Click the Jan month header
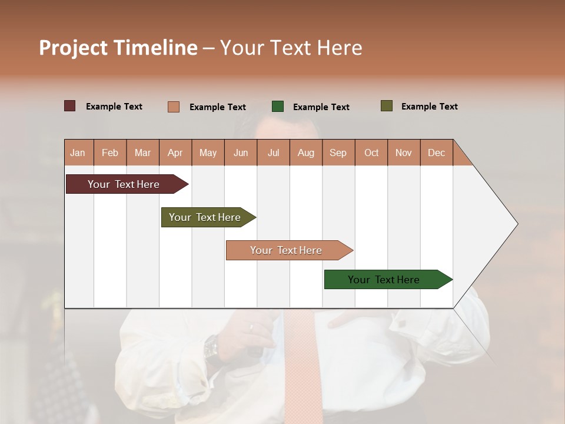(x=78, y=153)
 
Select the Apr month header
(x=175, y=153)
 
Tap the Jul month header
(x=273, y=153)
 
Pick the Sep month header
(x=338, y=153)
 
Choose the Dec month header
(x=436, y=153)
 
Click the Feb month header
(x=110, y=153)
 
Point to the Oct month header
(x=371, y=153)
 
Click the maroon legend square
(x=69, y=106)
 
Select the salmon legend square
(x=173, y=107)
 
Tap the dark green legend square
(x=278, y=106)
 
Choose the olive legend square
(x=386, y=106)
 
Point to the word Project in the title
(x=74, y=48)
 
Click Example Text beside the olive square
(x=429, y=107)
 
